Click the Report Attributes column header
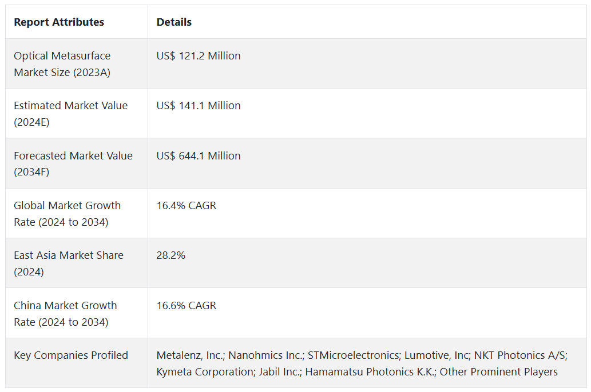click(x=59, y=22)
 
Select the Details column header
click(x=174, y=22)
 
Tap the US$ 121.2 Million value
click(x=199, y=56)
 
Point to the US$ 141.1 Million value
click(x=199, y=106)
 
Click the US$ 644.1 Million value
click(x=199, y=155)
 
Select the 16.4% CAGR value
click(x=187, y=205)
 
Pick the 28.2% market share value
click(x=171, y=255)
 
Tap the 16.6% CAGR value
click(x=187, y=305)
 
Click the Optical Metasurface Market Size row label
click(x=62, y=64)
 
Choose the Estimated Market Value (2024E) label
click(x=71, y=114)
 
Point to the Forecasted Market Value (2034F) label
click(x=73, y=163)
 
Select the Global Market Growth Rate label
click(x=68, y=213)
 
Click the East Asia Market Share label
click(x=69, y=263)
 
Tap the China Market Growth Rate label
click(x=65, y=313)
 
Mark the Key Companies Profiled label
click(x=71, y=355)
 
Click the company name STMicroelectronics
click(x=353, y=355)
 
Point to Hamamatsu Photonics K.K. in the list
click(x=370, y=372)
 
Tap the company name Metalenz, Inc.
click(x=190, y=355)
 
